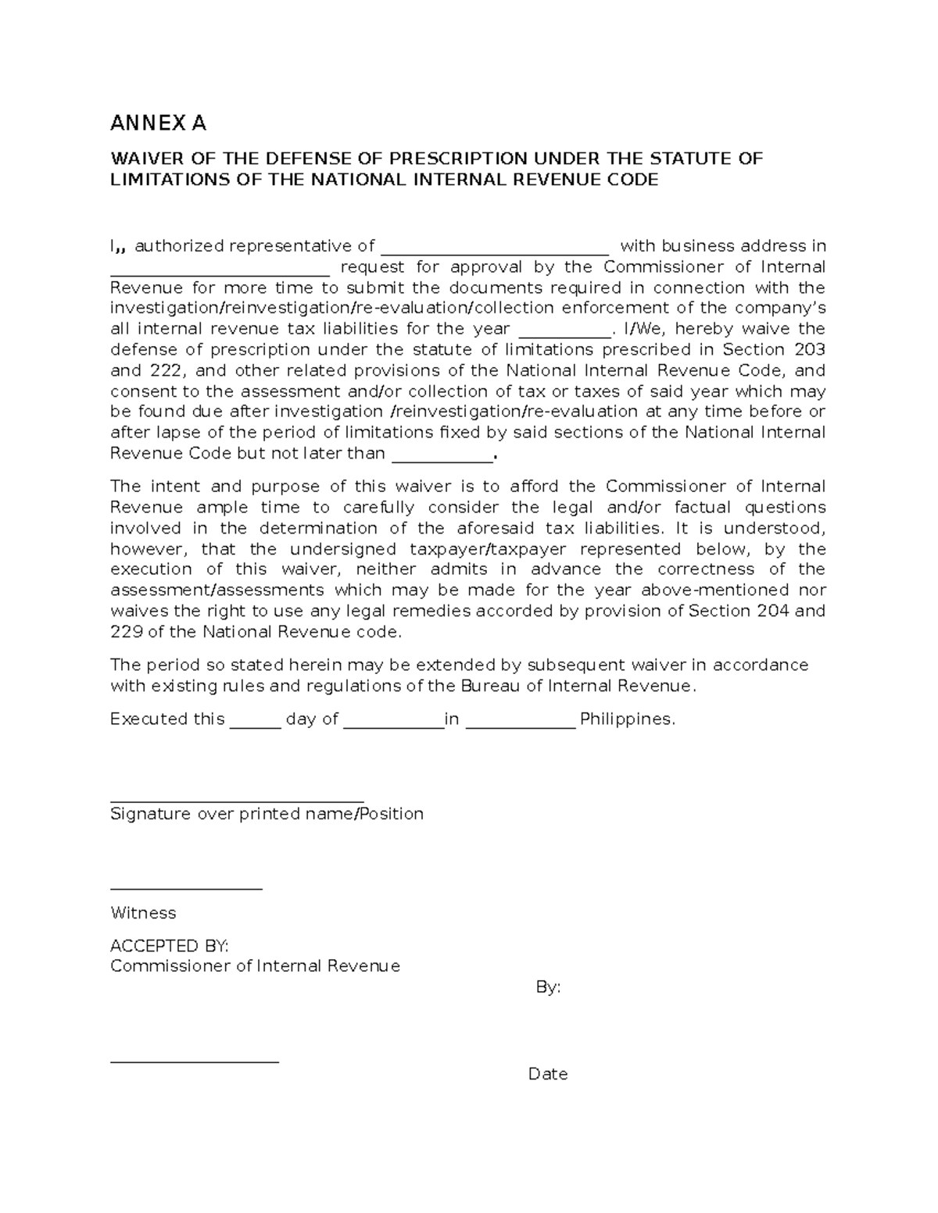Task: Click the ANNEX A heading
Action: pyautogui.click(x=159, y=123)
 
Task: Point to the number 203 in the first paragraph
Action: pyautogui.click(x=809, y=349)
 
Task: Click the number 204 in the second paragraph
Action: pyautogui.click(x=772, y=611)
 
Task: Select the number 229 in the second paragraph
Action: pyautogui.click(x=127, y=632)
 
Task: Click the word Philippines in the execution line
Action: pyautogui.click(x=627, y=719)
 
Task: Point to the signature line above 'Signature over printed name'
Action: pyautogui.click(x=237, y=801)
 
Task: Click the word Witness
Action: pyautogui.click(x=143, y=913)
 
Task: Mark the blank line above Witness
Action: pyautogui.click(x=186, y=889)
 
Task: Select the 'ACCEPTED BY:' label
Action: pyautogui.click(x=170, y=946)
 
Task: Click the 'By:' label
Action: pyautogui.click(x=548, y=987)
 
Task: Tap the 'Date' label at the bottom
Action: pyautogui.click(x=547, y=1074)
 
